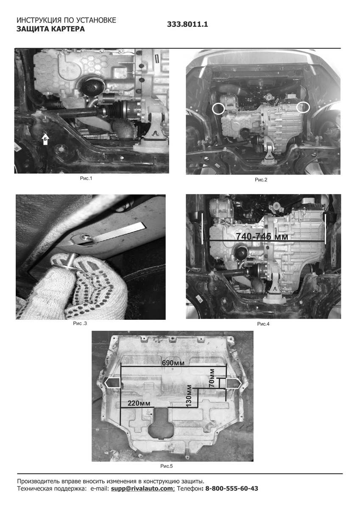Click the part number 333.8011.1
point(187,24)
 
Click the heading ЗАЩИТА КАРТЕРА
point(50,29)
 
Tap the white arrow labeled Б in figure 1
point(46,139)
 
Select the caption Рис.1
point(86,179)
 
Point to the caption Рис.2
point(261,180)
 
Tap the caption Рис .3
point(80,323)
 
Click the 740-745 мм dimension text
point(262,237)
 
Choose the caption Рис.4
point(263,324)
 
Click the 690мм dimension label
point(173,363)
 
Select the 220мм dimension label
point(139,403)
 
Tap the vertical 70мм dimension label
point(212,379)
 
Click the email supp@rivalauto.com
point(142,488)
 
